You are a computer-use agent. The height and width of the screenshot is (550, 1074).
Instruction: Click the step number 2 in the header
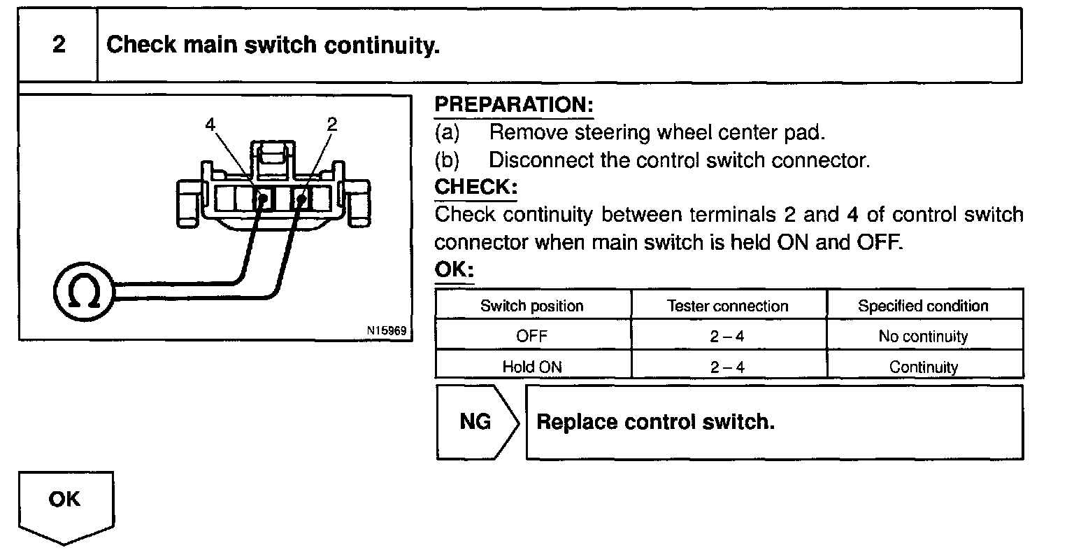coord(59,45)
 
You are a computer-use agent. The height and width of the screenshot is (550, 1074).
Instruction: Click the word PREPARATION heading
coord(514,105)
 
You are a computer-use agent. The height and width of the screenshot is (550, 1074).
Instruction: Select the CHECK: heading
coord(475,188)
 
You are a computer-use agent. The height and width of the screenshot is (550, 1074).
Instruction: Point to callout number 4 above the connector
coord(211,125)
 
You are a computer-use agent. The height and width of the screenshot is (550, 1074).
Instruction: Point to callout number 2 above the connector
coord(332,125)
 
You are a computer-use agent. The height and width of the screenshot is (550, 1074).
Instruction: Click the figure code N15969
coord(385,330)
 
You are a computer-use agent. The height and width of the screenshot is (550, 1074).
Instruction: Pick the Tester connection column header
coord(727,306)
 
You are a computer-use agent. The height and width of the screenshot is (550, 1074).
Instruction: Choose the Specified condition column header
coord(923,306)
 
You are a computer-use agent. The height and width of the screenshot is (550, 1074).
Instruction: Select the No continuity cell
coord(923,336)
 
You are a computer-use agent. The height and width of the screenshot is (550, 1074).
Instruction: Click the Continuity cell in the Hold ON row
coord(923,366)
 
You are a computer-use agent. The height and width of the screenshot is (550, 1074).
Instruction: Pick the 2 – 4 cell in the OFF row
coord(727,336)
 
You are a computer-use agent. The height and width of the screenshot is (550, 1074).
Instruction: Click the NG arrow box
coord(477,422)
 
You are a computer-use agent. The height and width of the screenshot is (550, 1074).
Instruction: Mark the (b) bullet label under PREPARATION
coord(447,160)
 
